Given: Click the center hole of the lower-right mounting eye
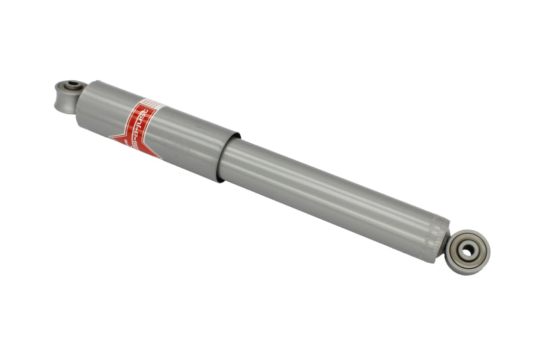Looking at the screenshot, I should click(x=467, y=251).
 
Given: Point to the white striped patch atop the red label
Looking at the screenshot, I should click(x=152, y=104).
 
